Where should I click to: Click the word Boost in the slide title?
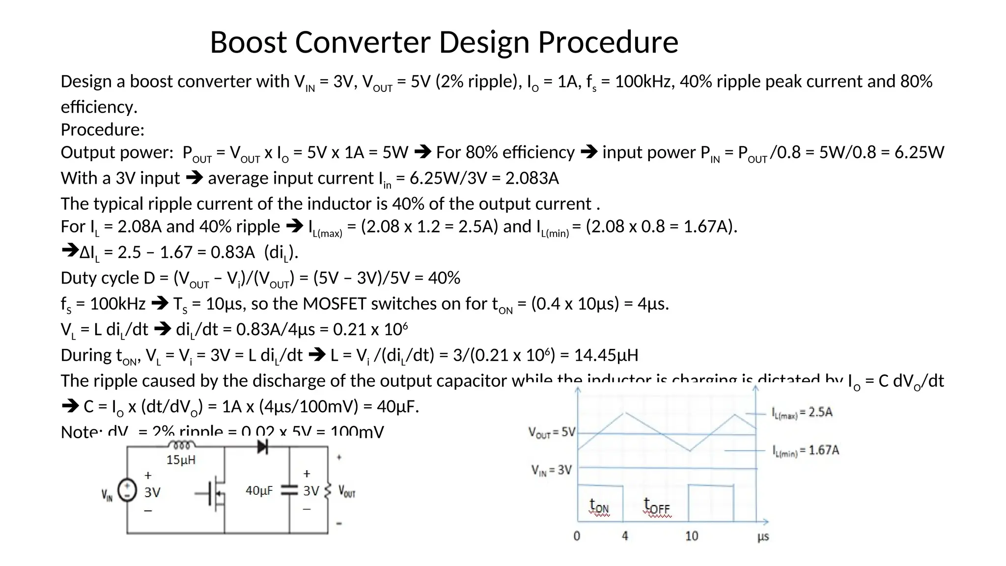(248, 42)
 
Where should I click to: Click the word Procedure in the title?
(608, 42)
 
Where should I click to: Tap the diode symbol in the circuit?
(263, 447)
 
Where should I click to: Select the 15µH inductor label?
(181, 460)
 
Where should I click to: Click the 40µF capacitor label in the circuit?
(259, 490)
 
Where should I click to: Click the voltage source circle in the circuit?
(127, 490)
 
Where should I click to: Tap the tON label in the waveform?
(599, 506)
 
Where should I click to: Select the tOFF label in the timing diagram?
(657, 506)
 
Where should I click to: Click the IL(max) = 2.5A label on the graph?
(802, 412)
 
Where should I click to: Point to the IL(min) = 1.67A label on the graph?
(806, 450)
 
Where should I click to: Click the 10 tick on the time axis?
(692, 536)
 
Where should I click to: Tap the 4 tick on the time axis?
(625, 536)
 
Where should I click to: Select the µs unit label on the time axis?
(763, 537)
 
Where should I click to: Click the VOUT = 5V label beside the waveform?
(551, 432)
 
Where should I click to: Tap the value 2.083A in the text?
(532, 178)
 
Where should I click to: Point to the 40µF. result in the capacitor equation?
(398, 406)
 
